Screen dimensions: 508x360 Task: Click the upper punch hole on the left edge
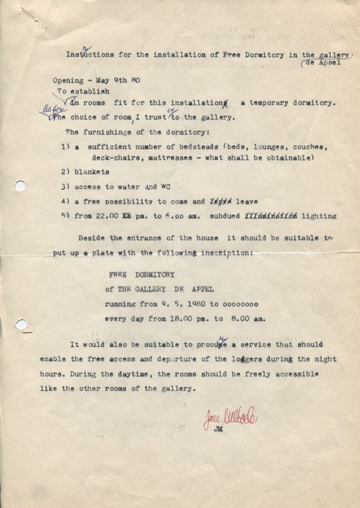pyautogui.click(x=20, y=186)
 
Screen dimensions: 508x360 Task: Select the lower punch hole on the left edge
pyautogui.click(x=21, y=325)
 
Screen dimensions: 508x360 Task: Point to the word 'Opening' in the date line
pyautogui.click(x=68, y=80)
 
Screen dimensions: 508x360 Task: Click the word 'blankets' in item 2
pyautogui.click(x=92, y=172)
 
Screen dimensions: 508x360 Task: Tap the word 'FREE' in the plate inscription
pyautogui.click(x=118, y=275)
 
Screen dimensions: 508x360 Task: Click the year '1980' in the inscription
pyautogui.click(x=195, y=304)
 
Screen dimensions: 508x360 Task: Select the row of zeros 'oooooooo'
pyautogui.click(x=242, y=304)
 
